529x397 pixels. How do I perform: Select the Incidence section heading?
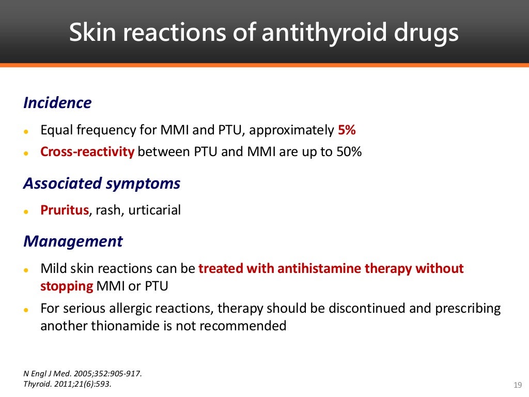point(57,103)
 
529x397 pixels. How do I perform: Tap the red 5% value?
point(347,130)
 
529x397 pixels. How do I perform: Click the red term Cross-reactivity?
point(87,152)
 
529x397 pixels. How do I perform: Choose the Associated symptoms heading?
point(102,184)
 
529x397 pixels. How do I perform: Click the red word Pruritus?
point(65,211)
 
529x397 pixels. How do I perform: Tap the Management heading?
point(73,241)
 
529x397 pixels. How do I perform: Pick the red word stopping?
point(67,286)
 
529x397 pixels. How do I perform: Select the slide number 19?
point(518,384)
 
